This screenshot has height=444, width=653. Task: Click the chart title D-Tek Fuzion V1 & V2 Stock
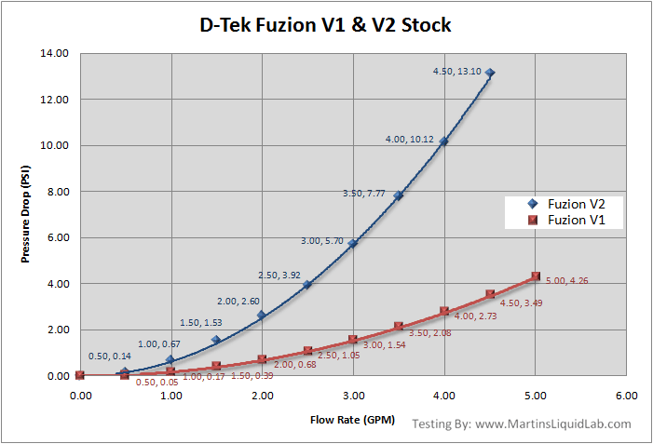[x=325, y=25]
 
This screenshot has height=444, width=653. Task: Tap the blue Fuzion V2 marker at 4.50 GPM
[x=490, y=73]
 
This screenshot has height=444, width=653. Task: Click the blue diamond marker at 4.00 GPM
[x=444, y=141]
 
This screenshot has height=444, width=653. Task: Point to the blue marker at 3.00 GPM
[x=353, y=243]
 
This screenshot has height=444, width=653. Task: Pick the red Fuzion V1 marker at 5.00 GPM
[x=536, y=276]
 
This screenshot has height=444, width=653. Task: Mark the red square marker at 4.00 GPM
[x=444, y=312]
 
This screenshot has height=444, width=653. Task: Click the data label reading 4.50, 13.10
[x=458, y=72]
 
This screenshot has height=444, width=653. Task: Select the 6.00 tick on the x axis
[x=627, y=396]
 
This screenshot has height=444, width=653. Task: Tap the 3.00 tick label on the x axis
[x=353, y=396]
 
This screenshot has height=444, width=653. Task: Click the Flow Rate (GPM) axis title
[x=353, y=420]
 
